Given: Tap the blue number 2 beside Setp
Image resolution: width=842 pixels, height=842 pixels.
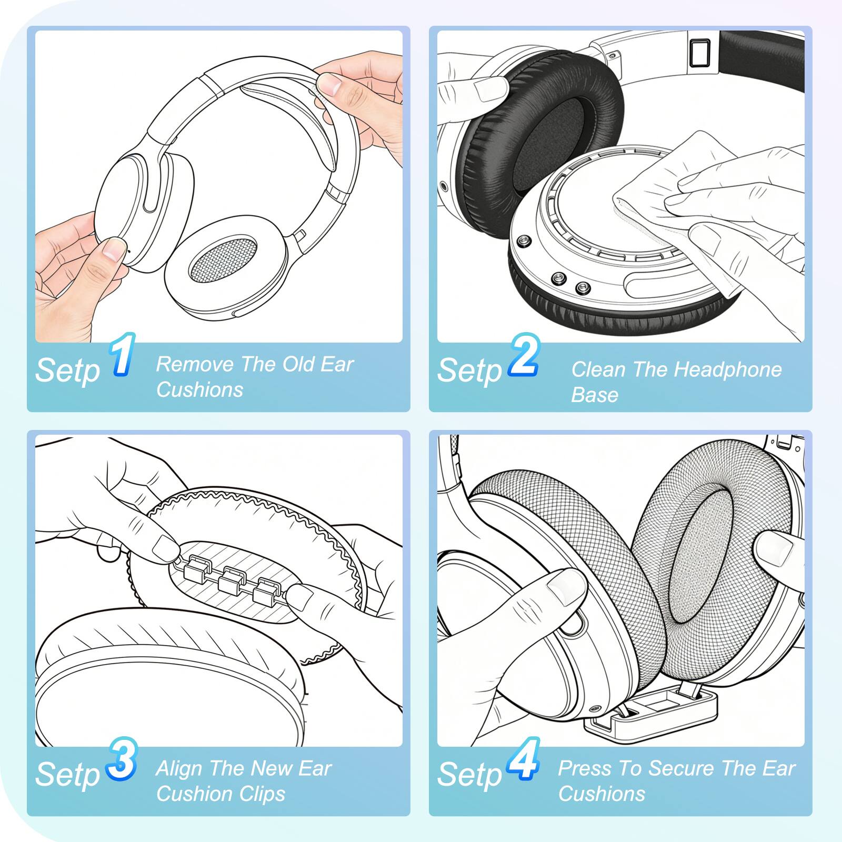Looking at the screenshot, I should click(x=523, y=357).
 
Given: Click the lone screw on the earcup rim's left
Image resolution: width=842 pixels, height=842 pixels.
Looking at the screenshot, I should click(x=524, y=241).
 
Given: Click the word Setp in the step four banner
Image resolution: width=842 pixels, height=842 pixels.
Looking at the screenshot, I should click(x=469, y=775).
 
